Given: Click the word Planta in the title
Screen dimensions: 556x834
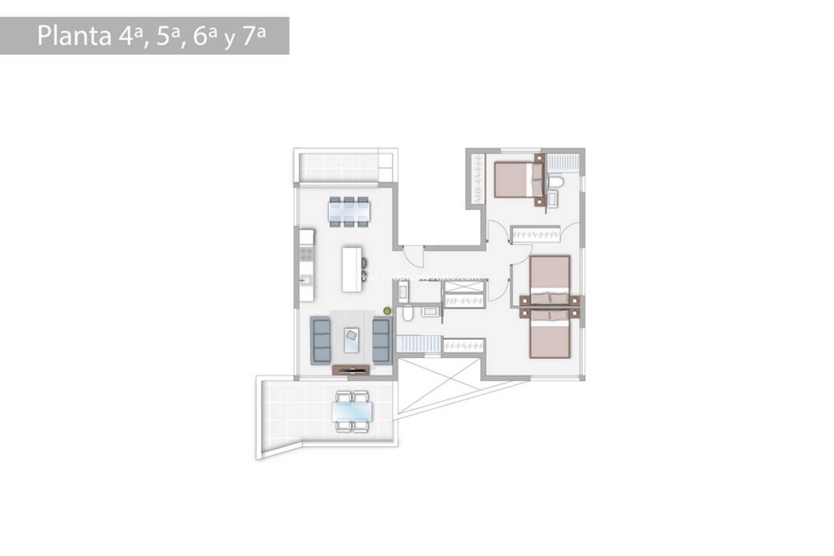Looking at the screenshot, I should point(74,36).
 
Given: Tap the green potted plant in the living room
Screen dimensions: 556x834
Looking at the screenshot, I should point(387,311).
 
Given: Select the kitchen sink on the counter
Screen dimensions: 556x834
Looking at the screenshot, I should point(306,280).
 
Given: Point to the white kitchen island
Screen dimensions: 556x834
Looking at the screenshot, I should point(351,269).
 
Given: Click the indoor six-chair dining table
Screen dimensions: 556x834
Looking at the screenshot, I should point(349,212).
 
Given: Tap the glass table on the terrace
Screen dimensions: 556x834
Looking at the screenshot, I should point(352,412).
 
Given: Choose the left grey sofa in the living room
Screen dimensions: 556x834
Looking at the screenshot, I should point(320,340).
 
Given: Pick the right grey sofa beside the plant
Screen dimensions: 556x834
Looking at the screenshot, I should point(381,340).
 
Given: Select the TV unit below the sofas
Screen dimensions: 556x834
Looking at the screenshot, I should point(351,370).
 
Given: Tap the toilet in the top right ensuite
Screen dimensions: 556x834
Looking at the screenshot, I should point(555,182).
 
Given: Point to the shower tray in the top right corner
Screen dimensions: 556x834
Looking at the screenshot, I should point(563,162).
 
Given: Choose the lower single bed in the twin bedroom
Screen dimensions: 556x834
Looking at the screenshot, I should point(549,334).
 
